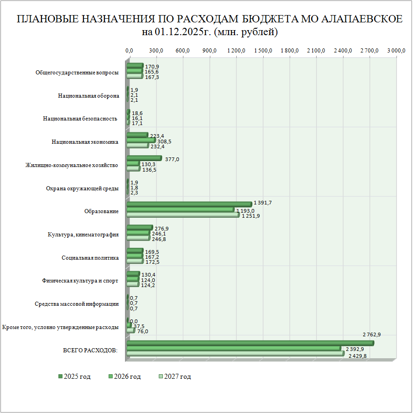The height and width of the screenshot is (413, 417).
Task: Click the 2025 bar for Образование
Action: [x=189, y=204]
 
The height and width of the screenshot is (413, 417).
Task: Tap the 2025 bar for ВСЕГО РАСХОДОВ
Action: [x=250, y=343]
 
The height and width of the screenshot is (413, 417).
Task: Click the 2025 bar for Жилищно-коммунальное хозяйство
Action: [x=144, y=158]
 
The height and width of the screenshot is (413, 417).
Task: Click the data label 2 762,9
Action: [x=371, y=335]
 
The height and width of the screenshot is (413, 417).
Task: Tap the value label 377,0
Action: [x=172, y=159]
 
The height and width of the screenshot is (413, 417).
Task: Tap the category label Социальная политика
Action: [x=90, y=258]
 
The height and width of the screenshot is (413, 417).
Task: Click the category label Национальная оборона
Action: [x=89, y=96]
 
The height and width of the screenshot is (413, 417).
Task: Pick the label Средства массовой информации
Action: [x=77, y=304]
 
